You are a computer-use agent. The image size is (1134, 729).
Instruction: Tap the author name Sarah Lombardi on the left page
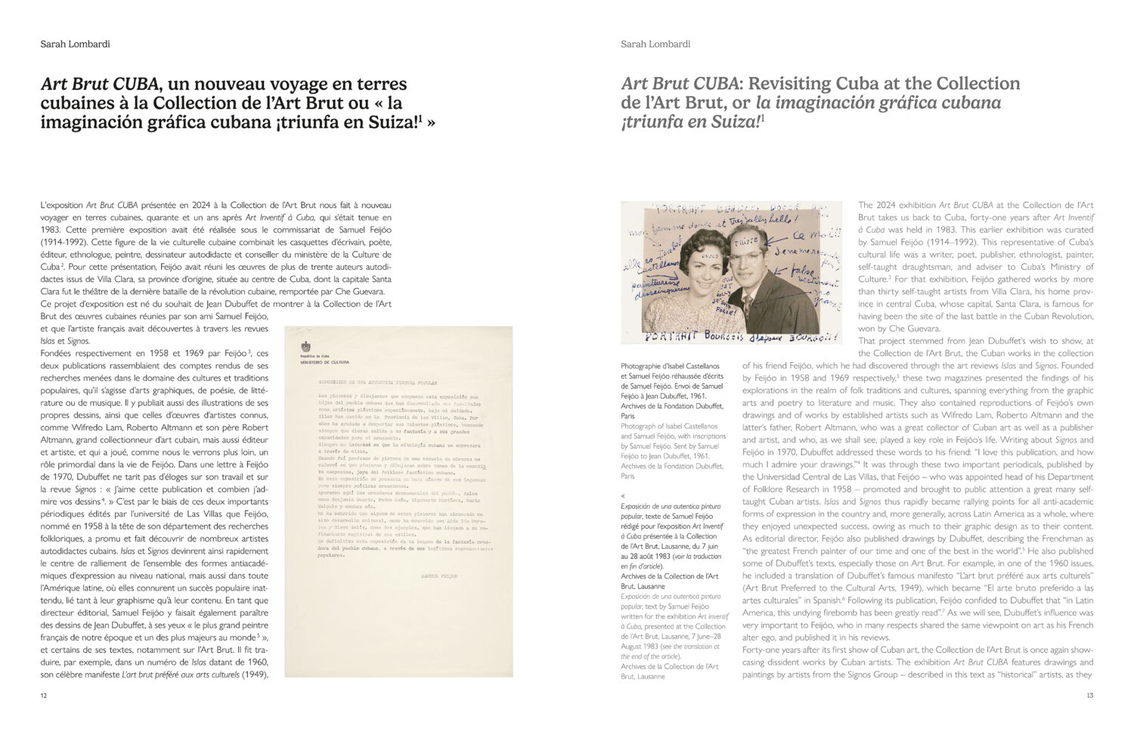(75, 44)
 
